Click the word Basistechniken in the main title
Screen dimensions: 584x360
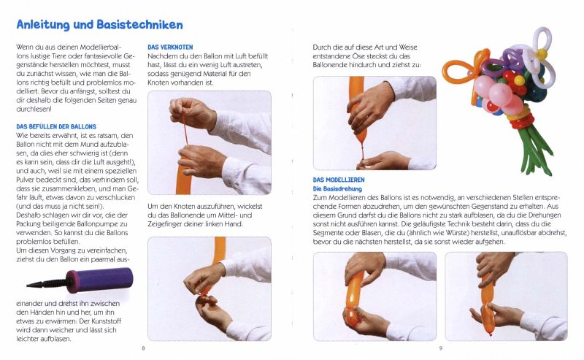tap(139, 25)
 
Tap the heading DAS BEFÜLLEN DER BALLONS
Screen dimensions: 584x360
tap(56, 127)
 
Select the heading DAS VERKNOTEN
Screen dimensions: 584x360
tap(170, 47)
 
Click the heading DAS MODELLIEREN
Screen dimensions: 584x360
tap(339, 180)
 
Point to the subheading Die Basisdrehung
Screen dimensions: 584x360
tap(337, 189)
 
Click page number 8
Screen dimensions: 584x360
tap(143, 348)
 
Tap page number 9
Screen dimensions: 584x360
tap(441, 348)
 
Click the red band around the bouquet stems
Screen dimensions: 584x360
tap(521, 122)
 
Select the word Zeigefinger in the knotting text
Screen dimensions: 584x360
tap(165, 224)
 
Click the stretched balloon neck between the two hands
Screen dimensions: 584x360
tap(185, 129)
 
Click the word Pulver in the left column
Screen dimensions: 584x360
tap(26, 180)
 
